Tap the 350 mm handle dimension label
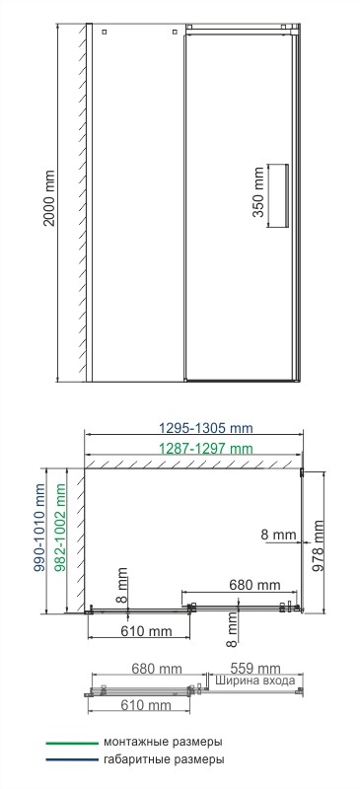258,195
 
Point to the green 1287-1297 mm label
205,450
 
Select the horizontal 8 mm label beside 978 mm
279,534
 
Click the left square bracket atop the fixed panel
102,32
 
